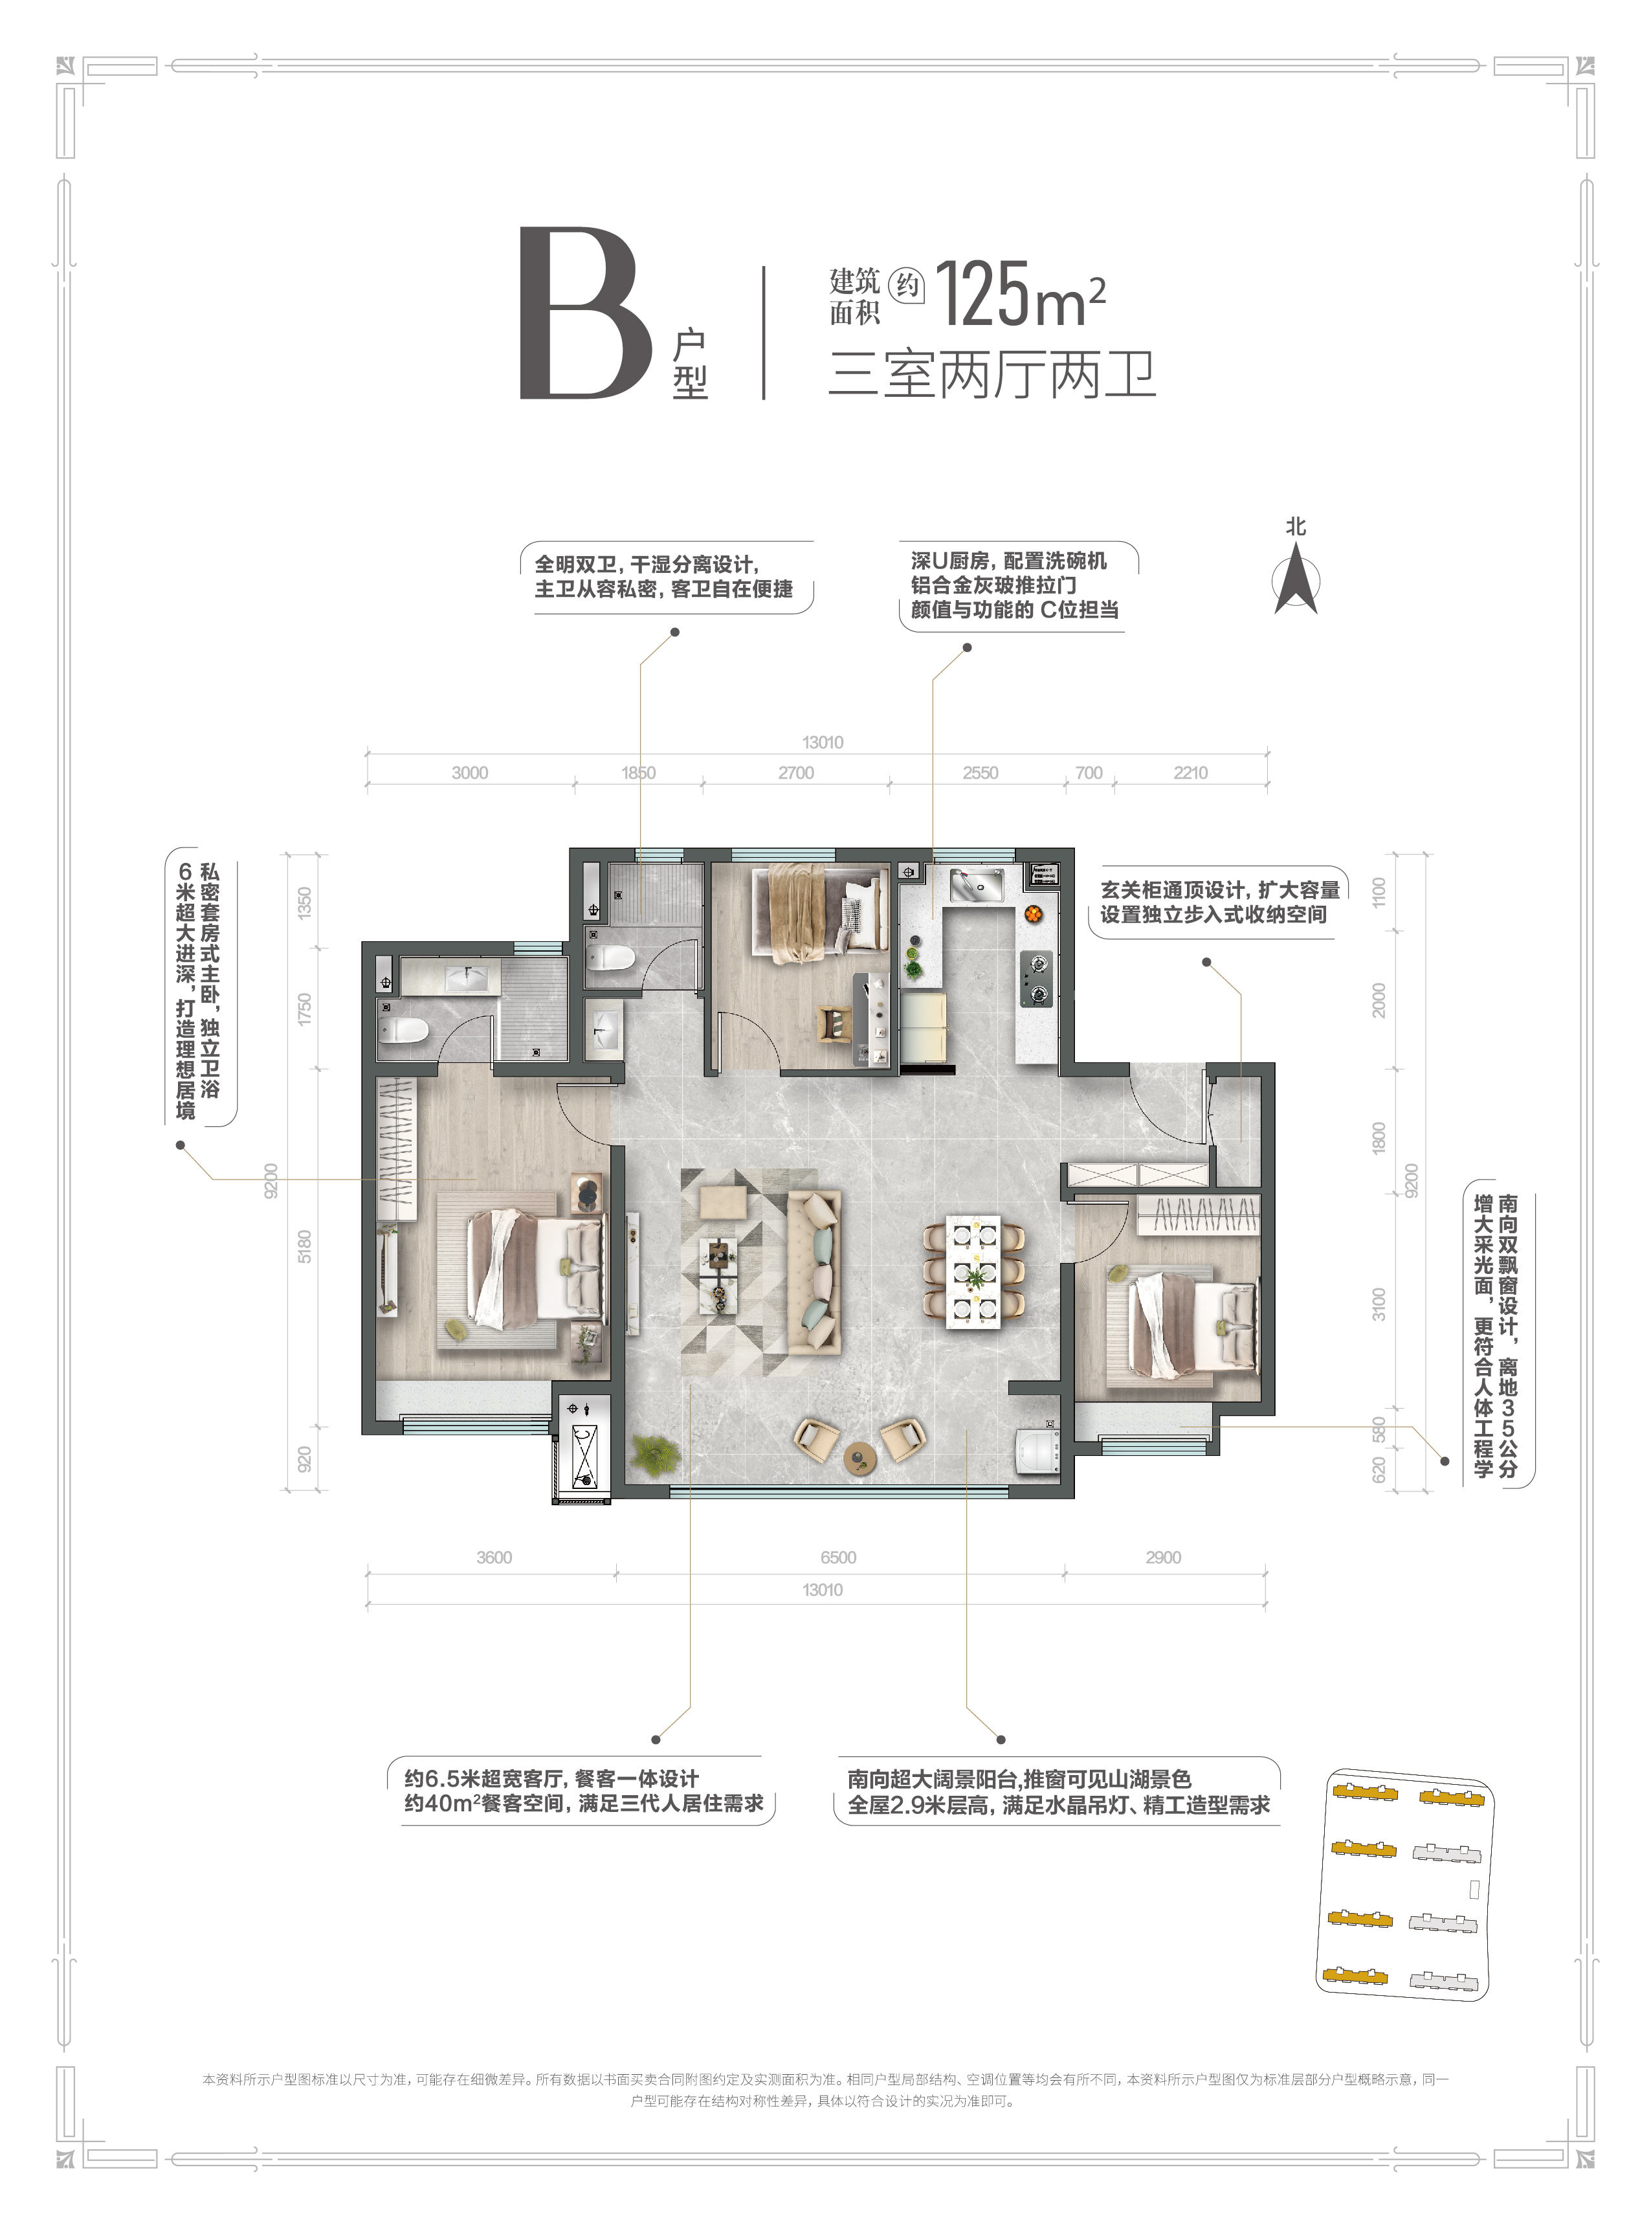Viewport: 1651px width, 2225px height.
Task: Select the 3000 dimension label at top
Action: pyautogui.click(x=470, y=773)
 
